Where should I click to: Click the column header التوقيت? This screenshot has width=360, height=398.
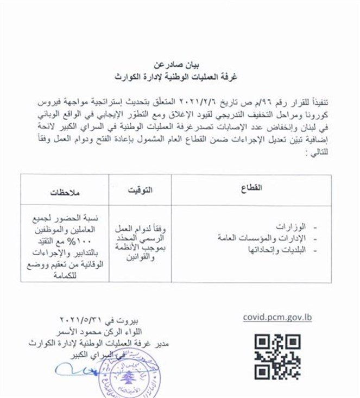(140, 189)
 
